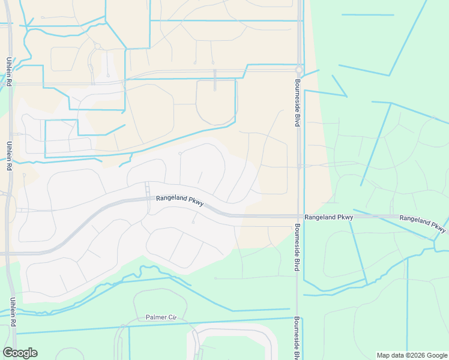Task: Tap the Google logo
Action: [x=20, y=353]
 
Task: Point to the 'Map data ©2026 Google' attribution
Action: [x=411, y=355]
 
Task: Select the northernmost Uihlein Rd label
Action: [x=10, y=72]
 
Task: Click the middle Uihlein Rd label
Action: [x=10, y=156]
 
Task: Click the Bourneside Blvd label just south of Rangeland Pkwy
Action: [x=297, y=248]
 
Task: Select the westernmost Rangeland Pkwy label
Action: [x=180, y=200]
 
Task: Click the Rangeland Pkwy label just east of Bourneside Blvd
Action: [x=328, y=217]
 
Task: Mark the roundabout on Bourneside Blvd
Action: [x=298, y=69]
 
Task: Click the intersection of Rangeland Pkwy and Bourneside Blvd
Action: [x=298, y=216]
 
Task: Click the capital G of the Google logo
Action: [x=7, y=353]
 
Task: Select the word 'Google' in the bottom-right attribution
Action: [x=435, y=355]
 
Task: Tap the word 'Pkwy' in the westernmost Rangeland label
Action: [x=194, y=203]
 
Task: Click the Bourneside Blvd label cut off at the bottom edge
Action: [x=297, y=339]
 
